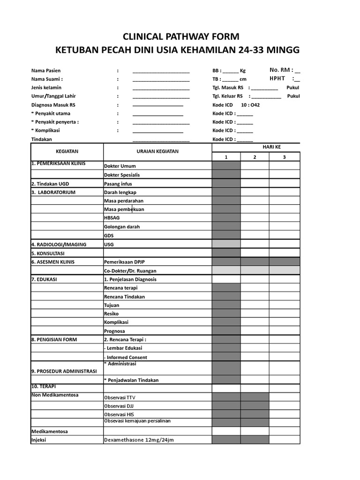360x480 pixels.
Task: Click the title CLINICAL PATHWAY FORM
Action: tap(180, 37)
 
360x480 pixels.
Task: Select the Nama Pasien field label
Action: tap(46, 70)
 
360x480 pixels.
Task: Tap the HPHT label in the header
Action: tap(277, 79)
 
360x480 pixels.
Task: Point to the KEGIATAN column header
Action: tap(67, 151)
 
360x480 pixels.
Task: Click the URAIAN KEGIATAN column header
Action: tap(157, 151)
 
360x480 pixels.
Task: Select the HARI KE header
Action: tap(271, 147)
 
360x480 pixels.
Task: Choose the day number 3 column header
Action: tap(284, 157)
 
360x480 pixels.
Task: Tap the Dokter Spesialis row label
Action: tap(121, 175)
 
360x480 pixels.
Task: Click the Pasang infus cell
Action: tap(118, 184)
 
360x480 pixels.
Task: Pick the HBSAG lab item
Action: tap(112, 218)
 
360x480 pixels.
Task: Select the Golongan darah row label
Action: tap(122, 227)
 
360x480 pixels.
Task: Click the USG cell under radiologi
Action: tap(109, 245)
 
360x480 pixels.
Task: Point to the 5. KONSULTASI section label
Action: tap(48, 253)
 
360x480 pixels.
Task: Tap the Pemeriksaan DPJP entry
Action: tap(124, 262)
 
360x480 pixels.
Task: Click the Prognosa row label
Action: tap(114, 331)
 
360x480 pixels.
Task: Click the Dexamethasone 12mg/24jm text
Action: tap(139, 440)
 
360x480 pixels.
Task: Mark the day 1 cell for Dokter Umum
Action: tap(226, 165)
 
